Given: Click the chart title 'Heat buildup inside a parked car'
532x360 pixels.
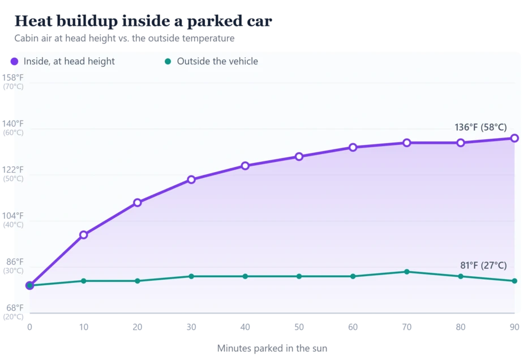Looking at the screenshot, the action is point(143,21).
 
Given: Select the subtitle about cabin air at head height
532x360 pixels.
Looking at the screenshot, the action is point(124,38).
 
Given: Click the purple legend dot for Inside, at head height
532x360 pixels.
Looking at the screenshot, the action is point(14,61).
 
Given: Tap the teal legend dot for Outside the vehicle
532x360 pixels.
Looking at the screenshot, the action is point(168,61).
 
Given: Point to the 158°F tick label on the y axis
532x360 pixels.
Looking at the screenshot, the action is point(13,78).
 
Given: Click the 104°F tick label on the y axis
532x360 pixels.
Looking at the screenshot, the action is point(13,216).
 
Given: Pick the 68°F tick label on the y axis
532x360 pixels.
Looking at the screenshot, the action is point(15,308).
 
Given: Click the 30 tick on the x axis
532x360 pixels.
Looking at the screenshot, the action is point(191,327).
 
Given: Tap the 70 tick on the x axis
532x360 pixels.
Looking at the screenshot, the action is point(407,327).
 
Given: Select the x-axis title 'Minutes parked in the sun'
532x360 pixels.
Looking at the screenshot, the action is point(272,349).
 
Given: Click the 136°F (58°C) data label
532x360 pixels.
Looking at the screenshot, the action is point(480,127).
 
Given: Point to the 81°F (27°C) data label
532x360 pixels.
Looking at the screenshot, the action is point(483,265).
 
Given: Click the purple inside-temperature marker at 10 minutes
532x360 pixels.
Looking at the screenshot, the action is point(83,235).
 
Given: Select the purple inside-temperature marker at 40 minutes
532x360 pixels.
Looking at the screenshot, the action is point(245,166).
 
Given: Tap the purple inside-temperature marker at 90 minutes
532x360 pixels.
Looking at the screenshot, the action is point(514,138).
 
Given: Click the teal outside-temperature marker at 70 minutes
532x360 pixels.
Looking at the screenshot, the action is point(407,272).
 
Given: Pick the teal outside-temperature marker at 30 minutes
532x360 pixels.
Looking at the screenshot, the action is point(191,277).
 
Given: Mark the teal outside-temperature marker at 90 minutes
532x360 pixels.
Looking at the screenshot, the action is point(514,281).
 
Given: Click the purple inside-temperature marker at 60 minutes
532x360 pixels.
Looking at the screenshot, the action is point(353,147).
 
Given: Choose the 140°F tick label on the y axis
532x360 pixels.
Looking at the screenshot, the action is point(13,124).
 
